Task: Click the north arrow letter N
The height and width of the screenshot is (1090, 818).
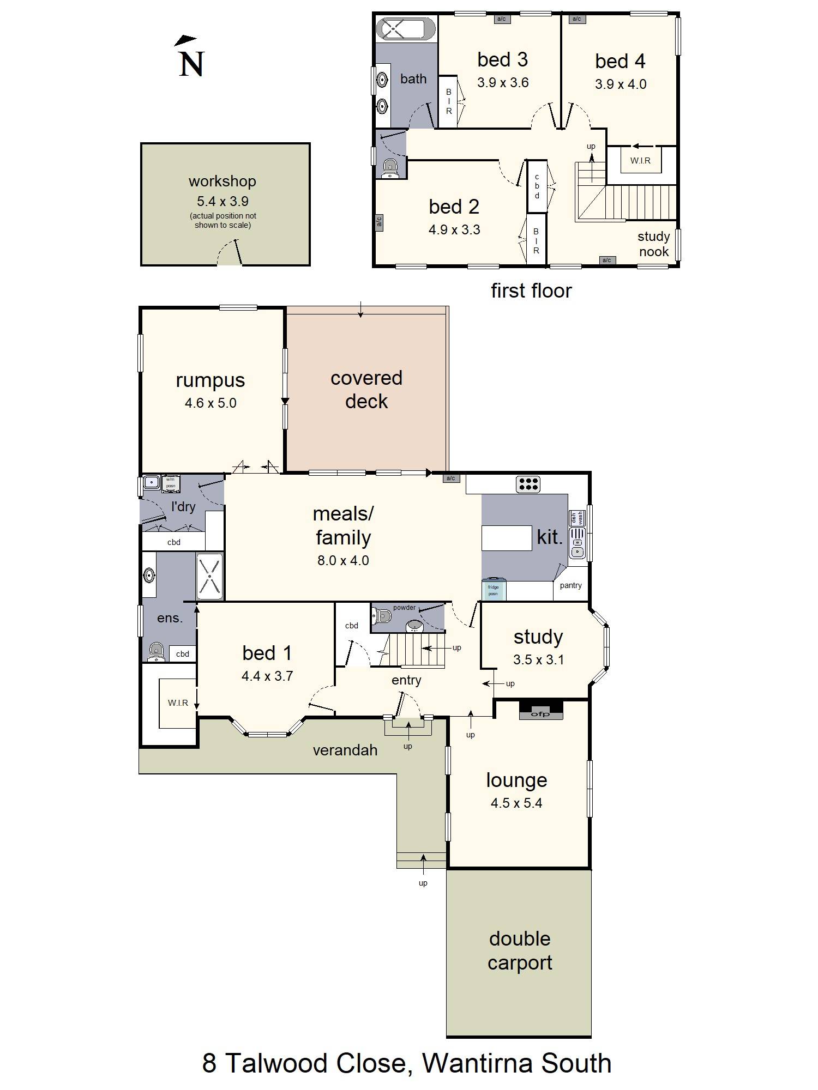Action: pos(191,64)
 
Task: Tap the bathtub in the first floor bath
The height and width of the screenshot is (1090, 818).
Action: pos(406,29)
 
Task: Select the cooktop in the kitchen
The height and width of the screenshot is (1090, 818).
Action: pos(528,484)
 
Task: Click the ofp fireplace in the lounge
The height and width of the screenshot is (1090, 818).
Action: pos(540,711)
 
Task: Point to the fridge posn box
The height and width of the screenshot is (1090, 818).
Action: pos(494,590)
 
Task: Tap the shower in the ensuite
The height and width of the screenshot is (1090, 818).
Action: pos(209,576)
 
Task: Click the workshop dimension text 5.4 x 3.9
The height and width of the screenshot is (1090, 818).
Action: pos(222,201)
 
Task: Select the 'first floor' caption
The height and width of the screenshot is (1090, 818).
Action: pos(531,290)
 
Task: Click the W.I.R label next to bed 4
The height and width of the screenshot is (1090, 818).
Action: pos(640,161)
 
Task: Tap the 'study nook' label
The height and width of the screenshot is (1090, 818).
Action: pos(653,244)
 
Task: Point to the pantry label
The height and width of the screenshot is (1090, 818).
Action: pos(570,585)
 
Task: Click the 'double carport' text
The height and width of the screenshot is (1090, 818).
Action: pos(520,950)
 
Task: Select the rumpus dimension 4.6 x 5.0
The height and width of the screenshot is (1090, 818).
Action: pos(210,403)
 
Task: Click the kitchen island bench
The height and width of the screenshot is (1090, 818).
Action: pos(506,538)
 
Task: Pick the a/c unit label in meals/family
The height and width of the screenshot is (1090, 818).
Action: pos(450,479)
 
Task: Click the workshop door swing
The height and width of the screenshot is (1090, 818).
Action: pos(229,253)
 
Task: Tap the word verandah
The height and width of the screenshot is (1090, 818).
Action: pos(345,750)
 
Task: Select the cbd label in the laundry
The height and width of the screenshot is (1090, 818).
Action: pos(173,542)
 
